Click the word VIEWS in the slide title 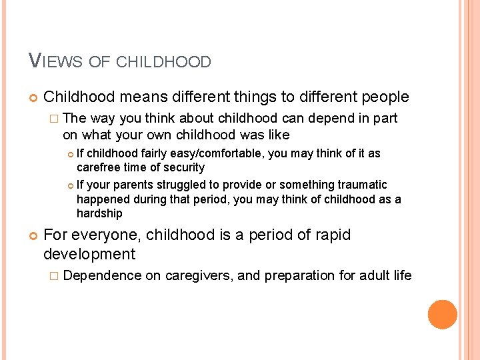tap(55, 62)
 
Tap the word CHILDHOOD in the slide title tap(163, 63)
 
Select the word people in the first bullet tap(385, 97)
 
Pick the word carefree tap(99, 167)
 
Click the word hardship tap(100, 214)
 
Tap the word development tap(89, 254)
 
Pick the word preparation tap(297, 275)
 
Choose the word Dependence tap(103, 275)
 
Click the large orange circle tap(442, 315)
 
